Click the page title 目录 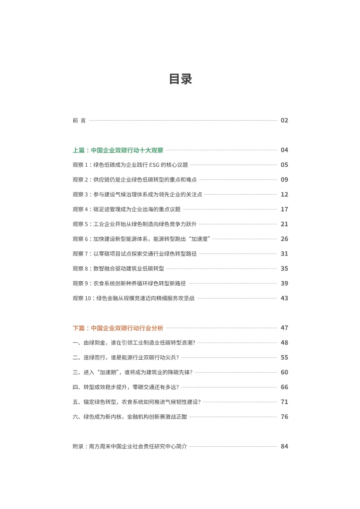pos(180,79)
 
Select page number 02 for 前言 pos(284,121)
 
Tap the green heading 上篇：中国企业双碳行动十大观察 pos(118,150)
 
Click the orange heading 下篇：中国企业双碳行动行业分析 pos(118,328)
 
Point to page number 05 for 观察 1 pos(284,165)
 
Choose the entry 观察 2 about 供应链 pos(135,180)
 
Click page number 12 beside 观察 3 pos(284,195)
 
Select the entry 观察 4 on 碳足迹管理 pos(126,209)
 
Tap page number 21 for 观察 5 pos(284,224)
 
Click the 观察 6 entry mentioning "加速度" pos(142,239)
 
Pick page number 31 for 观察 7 pos(284,254)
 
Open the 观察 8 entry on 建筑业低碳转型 pos(118,269)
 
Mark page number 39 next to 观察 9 pos(284,283)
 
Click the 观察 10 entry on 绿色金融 pos(133,298)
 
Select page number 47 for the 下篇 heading pos(284,328)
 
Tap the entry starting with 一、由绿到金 pos(134,343)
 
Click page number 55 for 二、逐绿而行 pos(284,357)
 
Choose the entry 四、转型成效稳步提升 pos(126,387)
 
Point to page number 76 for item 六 pos(284,417)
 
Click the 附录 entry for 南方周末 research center pos(129,446)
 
